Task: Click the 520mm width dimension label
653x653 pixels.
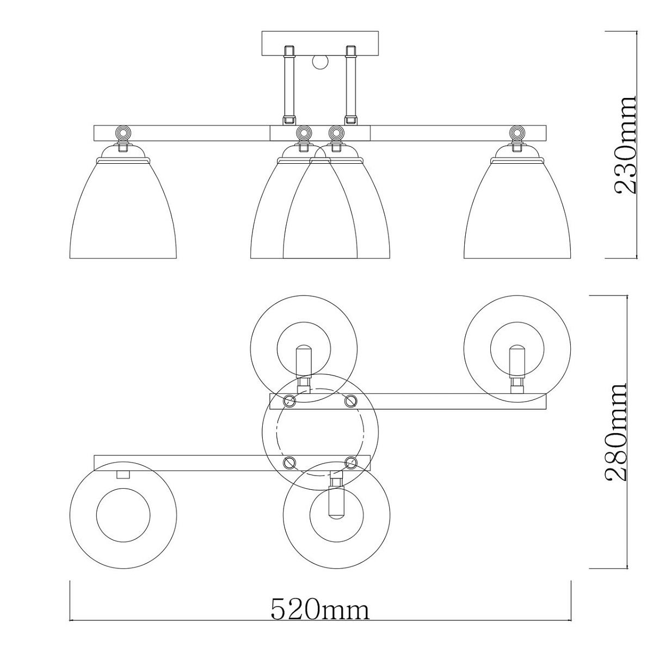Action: pos(320,609)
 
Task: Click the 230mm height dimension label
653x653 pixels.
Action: pos(625,145)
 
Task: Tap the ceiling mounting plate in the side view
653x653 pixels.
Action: pos(320,44)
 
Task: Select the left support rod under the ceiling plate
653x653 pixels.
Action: pos(289,85)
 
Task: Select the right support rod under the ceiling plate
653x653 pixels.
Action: pos(351,85)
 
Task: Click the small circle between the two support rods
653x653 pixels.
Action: pos(320,63)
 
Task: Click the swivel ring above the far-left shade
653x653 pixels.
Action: pos(123,132)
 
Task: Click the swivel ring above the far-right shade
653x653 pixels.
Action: pos(517,132)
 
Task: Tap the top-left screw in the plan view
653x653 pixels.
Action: pos(289,401)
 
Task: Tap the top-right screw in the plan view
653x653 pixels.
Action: pos(351,401)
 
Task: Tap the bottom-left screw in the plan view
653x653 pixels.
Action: pos(289,462)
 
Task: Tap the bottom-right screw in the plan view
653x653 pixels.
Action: pos(351,462)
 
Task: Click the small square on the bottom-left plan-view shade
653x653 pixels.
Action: pos(123,475)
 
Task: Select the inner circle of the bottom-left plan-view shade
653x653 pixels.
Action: pos(123,515)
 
